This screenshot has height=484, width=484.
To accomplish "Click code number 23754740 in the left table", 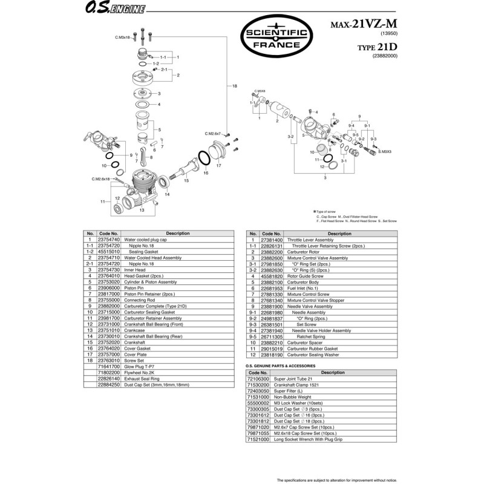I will pyautogui.click(x=109, y=240).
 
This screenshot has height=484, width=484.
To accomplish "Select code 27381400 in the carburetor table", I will pyautogui.click(x=272, y=240).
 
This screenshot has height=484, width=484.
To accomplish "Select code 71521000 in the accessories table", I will pyautogui.click(x=259, y=439).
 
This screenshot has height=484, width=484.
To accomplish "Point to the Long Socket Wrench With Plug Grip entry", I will pyautogui.click(x=308, y=439).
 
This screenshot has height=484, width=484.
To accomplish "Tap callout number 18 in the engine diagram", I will pyautogui.click(x=235, y=87).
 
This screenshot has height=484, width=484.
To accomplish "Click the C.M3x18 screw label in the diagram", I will pyautogui.click(x=123, y=38).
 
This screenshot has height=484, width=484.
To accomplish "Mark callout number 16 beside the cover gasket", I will pyautogui.click(x=206, y=173).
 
